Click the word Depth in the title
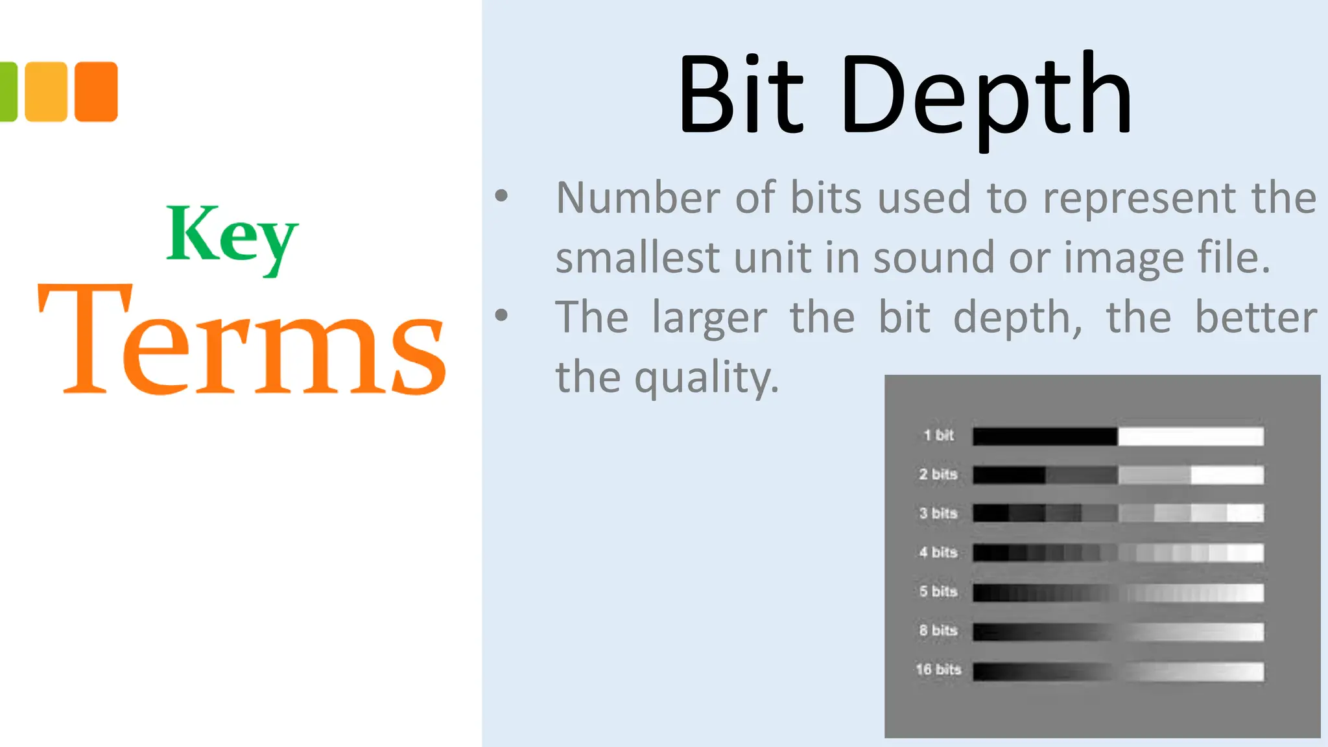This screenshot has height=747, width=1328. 986,97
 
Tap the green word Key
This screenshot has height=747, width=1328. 231,237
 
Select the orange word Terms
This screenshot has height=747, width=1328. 242,340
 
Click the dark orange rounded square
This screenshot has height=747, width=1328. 96,91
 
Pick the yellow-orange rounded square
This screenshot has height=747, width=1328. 46,91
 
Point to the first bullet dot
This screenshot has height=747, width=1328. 501,195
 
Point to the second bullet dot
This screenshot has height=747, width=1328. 501,315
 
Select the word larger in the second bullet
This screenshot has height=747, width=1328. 709,318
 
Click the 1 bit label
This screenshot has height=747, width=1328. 938,435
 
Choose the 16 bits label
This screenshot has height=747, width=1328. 938,669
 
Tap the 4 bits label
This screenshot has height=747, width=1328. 938,552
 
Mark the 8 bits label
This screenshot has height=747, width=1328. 938,630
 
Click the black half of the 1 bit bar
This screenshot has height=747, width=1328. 1045,436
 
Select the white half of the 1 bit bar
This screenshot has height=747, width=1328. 1191,436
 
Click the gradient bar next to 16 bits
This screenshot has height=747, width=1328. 1118,671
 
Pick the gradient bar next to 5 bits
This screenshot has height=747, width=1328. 1118,593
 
